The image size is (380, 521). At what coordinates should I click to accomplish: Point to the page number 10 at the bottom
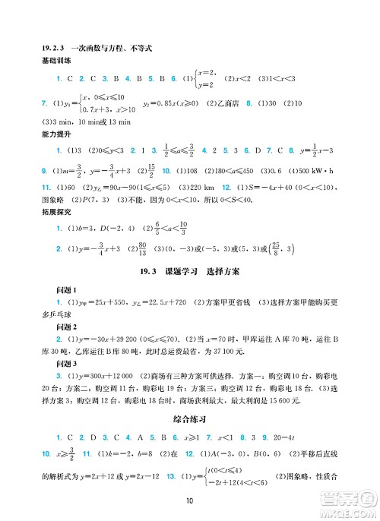coord(190,500)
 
